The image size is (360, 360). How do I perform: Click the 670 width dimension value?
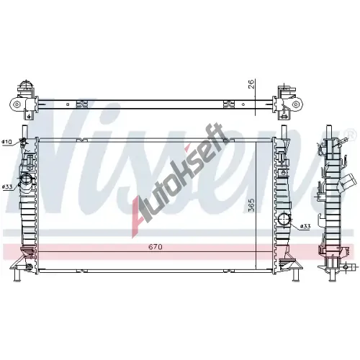[156, 247]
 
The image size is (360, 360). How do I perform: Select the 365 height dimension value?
[251, 205]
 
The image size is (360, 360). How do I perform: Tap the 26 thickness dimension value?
[251, 84]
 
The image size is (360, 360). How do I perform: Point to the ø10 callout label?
[7, 142]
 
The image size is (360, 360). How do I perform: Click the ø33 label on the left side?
[7, 186]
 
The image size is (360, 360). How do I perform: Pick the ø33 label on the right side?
[305, 226]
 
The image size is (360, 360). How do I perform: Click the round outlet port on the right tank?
[284, 219]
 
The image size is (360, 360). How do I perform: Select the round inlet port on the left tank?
[26, 180]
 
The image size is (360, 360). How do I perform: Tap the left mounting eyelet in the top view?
[17, 104]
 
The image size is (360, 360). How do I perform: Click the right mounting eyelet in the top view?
[296, 104]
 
